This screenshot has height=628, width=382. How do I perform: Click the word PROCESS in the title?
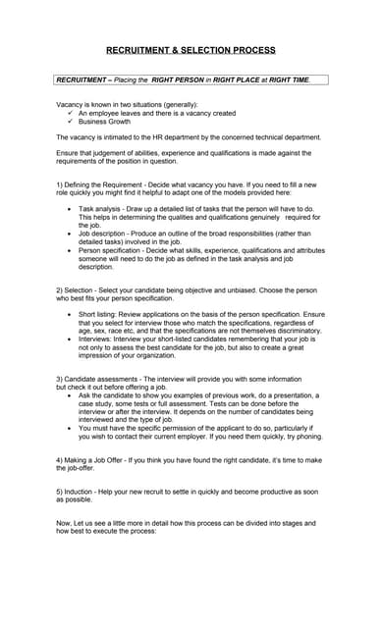(x=251, y=49)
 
